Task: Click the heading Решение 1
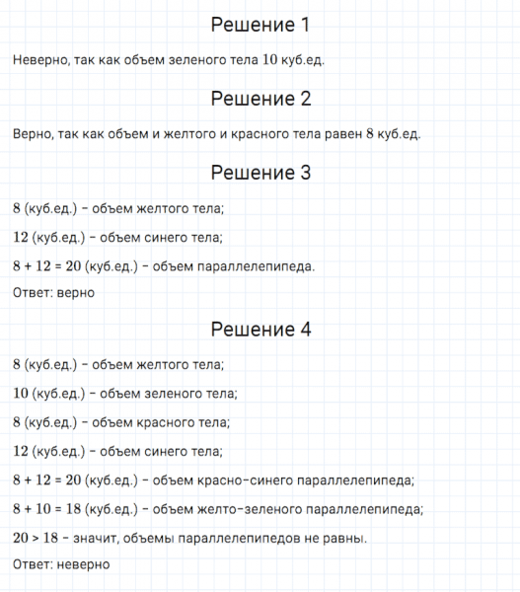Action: click(x=260, y=25)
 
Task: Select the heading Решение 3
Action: click(x=260, y=172)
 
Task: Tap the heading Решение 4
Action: click(x=260, y=330)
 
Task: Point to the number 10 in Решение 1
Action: click(x=270, y=61)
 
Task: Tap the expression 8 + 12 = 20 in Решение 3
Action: click(x=50, y=266)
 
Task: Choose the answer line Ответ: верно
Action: click(x=53, y=292)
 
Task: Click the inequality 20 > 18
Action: click(x=40, y=539)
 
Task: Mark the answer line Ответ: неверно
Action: click(x=60, y=564)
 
